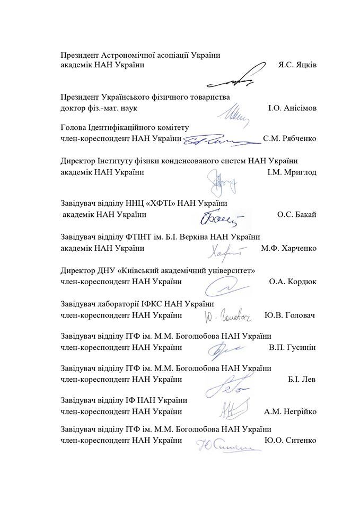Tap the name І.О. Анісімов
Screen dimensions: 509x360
tap(293, 108)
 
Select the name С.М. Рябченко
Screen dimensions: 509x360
tap(289, 138)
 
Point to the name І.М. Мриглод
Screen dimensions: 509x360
tap(291, 172)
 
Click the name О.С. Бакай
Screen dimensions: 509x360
tap(296, 214)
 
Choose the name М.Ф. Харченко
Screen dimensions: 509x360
tap(288, 248)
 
